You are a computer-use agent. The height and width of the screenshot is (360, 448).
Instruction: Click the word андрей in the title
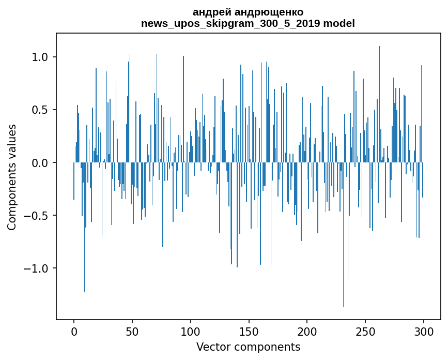pyautogui.click(x=209, y=12)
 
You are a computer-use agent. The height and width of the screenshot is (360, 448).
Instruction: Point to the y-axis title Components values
pyautogui.click(x=12, y=177)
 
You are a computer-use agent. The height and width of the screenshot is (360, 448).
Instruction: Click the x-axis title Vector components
pyautogui.click(x=248, y=347)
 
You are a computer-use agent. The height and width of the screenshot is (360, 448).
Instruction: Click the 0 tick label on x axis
pyautogui.click(x=74, y=331)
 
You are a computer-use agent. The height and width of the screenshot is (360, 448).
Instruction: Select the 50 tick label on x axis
pyautogui.click(x=132, y=331)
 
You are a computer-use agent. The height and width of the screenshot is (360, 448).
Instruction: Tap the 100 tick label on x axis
pyautogui.click(x=191, y=331)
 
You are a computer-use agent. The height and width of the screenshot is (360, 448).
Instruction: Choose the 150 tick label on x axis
pyautogui.click(x=249, y=331)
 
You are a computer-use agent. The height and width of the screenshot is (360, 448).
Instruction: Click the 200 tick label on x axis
pyautogui.click(x=307, y=331)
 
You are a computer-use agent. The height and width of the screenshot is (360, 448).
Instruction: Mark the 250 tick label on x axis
pyautogui.click(x=365, y=331)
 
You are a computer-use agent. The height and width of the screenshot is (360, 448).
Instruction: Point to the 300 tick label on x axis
pyautogui.click(x=424, y=331)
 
